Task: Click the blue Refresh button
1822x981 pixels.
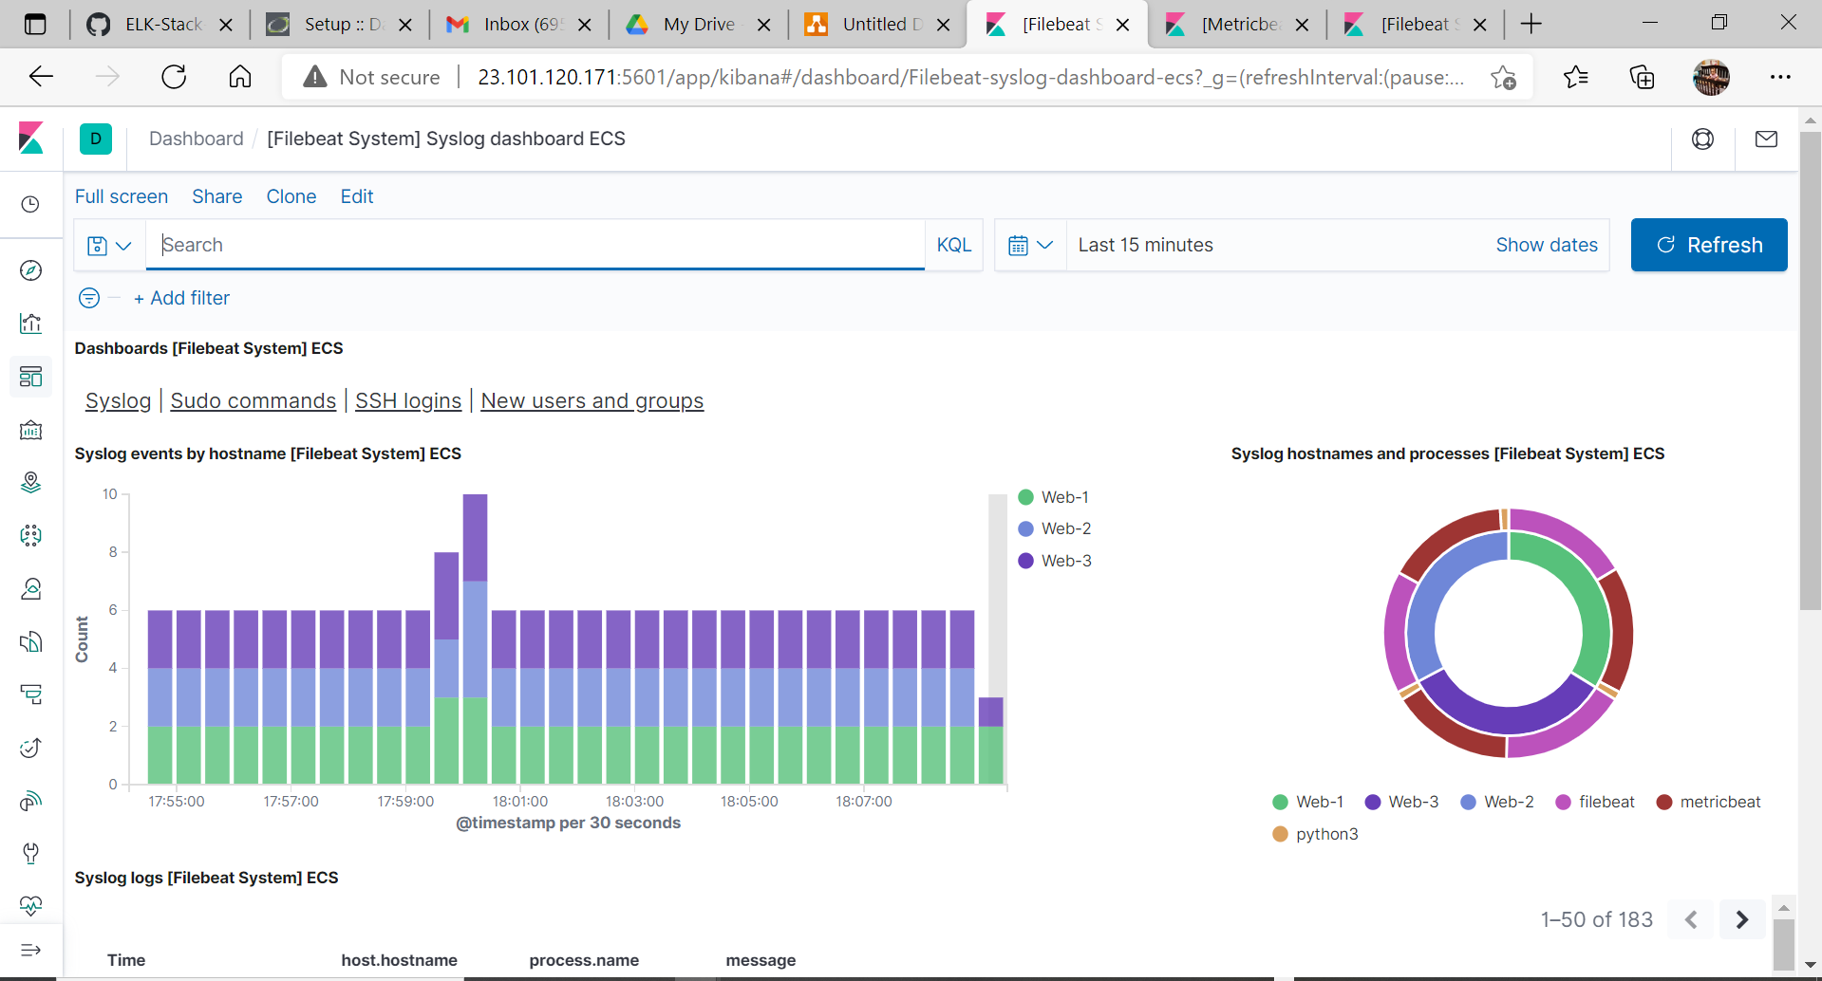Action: [1708, 245]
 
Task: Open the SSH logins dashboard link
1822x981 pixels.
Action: [408, 401]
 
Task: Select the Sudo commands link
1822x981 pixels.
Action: [253, 401]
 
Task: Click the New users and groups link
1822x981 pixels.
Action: [592, 401]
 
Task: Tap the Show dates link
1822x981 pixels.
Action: [1546, 245]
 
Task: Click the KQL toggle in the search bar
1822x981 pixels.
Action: [953, 245]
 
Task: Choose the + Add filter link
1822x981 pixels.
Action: [181, 298]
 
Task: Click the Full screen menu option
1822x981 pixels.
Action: [122, 196]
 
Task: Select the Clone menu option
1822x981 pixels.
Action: [291, 196]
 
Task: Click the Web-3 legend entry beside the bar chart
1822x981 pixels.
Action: [1065, 561]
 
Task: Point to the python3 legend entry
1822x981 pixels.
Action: [1325, 834]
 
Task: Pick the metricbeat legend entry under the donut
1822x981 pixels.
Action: [1719, 802]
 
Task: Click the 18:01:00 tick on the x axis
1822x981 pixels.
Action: [520, 802]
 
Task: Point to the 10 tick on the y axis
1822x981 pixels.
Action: [110, 494]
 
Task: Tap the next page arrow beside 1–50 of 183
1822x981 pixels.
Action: [1741, 919]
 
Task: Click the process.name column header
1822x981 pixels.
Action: [584, 960]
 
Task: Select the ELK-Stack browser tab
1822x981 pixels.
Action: [162, 25]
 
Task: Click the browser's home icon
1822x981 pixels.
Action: [240, 77]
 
